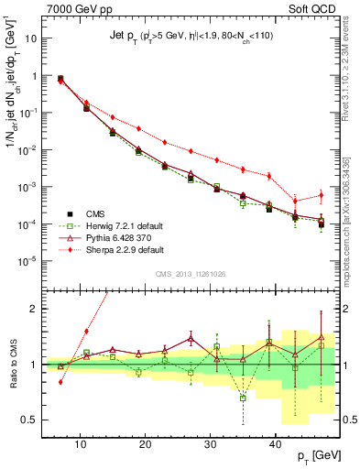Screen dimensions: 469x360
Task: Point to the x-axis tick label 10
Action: (x=81, y=444)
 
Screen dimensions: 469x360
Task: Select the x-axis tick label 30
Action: (x=211, y=444)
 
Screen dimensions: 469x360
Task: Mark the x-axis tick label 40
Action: (x=276, y=444)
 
